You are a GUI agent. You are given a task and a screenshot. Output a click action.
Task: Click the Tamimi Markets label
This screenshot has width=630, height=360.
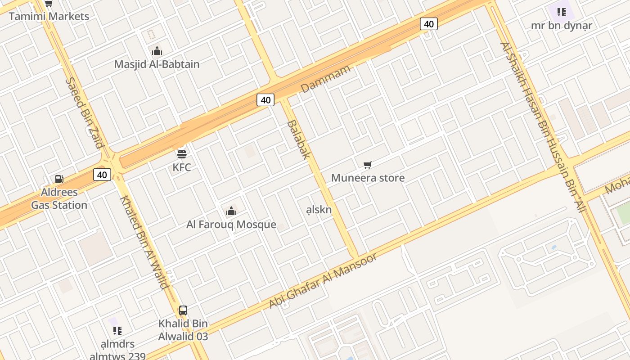[49, 17]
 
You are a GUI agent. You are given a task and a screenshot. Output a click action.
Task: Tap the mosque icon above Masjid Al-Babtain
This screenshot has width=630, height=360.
[157, 51]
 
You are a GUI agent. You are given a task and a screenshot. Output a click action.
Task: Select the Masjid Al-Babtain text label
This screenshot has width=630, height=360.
[157, 64]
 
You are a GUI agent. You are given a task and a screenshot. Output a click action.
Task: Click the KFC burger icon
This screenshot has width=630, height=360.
[182, 154]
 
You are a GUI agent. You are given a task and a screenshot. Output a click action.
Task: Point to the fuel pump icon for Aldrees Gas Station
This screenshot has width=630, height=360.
[59, 179]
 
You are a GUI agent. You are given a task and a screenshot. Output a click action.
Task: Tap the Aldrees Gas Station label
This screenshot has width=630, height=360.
[59, 198]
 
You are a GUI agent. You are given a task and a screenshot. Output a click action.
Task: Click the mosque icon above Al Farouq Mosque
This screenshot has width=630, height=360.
[231, 211]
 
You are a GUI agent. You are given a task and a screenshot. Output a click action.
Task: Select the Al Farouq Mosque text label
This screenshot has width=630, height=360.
[231, 225]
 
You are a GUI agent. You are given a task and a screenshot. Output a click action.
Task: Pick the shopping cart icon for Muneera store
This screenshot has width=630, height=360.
[368, 165]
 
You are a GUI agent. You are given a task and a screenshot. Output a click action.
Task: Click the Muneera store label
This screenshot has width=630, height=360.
[368, 178]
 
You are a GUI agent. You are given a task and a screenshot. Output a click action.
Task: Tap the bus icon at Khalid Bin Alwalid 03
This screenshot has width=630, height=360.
[183, 310]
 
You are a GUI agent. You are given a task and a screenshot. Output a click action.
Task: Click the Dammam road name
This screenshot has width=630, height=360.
[325, 79]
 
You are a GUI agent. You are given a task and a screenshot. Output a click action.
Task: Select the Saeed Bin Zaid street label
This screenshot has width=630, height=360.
[85, 112]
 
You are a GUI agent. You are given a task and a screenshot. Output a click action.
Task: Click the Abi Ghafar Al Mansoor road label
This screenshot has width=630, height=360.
[323, 281]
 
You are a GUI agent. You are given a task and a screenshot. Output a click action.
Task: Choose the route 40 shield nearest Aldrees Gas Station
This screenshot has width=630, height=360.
[102, 175]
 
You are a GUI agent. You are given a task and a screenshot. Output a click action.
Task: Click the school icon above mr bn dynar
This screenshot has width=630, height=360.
[561, 12]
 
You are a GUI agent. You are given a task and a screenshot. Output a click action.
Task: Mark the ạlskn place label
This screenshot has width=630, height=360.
[319, 210]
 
